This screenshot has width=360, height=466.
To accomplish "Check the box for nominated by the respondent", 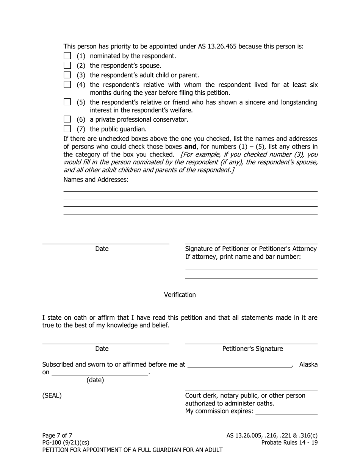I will (x=67, y=56).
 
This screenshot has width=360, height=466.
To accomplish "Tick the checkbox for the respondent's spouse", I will (x=67, y=66).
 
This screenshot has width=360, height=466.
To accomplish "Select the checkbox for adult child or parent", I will (x=67, y=75).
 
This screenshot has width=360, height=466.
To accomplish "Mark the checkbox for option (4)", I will (x=67, y=84).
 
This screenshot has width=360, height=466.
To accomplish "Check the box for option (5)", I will (x=67, y=102).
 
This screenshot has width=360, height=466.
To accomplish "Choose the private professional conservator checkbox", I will (x=67, y=119).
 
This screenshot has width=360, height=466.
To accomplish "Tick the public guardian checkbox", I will (x=67, y=129).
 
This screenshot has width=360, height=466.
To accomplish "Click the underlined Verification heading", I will (x=180, y=295).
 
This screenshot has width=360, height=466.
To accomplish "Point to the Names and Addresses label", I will (x=96, y=180).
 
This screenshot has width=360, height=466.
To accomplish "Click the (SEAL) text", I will (x=52, y=396).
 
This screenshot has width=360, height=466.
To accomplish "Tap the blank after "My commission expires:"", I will (x=286, y=411).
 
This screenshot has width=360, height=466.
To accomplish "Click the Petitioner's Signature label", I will (x=252, y=349).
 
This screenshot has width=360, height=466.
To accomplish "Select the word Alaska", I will (x=308, y=364).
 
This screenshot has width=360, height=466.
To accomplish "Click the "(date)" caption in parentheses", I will (x=95, y=380).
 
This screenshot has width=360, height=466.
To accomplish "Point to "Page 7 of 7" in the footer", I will (x=57, y=435).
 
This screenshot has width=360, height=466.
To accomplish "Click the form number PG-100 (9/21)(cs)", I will (x=66, y=443).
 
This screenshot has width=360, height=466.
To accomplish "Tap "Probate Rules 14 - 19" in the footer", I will (x=290, y=443).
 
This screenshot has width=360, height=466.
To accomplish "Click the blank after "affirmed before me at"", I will (x=239, y=364).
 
